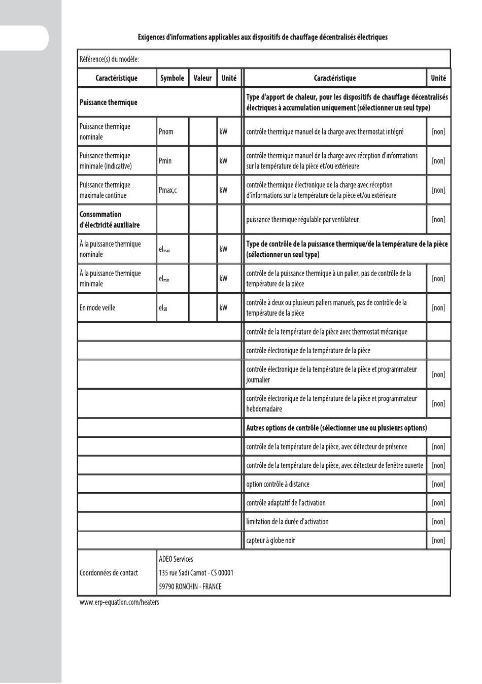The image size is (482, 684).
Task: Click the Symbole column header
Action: point(172,78)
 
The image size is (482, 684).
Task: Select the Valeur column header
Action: point(202,78)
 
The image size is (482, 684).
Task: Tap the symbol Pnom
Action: point(166,132)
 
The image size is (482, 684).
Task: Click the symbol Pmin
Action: point(165,161)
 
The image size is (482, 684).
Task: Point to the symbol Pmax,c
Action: point(167,190)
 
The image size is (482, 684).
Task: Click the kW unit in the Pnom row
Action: point(223,132)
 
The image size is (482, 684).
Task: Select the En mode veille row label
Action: point(97,308)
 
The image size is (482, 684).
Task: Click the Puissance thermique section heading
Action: point(109,102)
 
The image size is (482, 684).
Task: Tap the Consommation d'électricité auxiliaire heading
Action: point(109,220)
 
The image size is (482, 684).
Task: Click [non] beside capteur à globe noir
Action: point(438,540)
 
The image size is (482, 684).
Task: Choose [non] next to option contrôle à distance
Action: point(438,484)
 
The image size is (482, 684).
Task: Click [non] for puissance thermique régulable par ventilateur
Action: point(438,220)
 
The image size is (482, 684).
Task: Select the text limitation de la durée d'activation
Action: point(287,522)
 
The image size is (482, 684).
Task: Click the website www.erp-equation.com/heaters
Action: point(119,602)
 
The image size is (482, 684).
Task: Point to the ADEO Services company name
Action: point(176,559)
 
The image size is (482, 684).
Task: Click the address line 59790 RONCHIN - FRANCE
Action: point(190,587)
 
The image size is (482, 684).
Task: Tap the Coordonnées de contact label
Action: point(109,573)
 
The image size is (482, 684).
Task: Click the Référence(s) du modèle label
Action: point(109,59)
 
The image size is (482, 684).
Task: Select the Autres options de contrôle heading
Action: point(336,428)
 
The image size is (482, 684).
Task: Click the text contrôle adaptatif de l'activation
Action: point(286,503)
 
